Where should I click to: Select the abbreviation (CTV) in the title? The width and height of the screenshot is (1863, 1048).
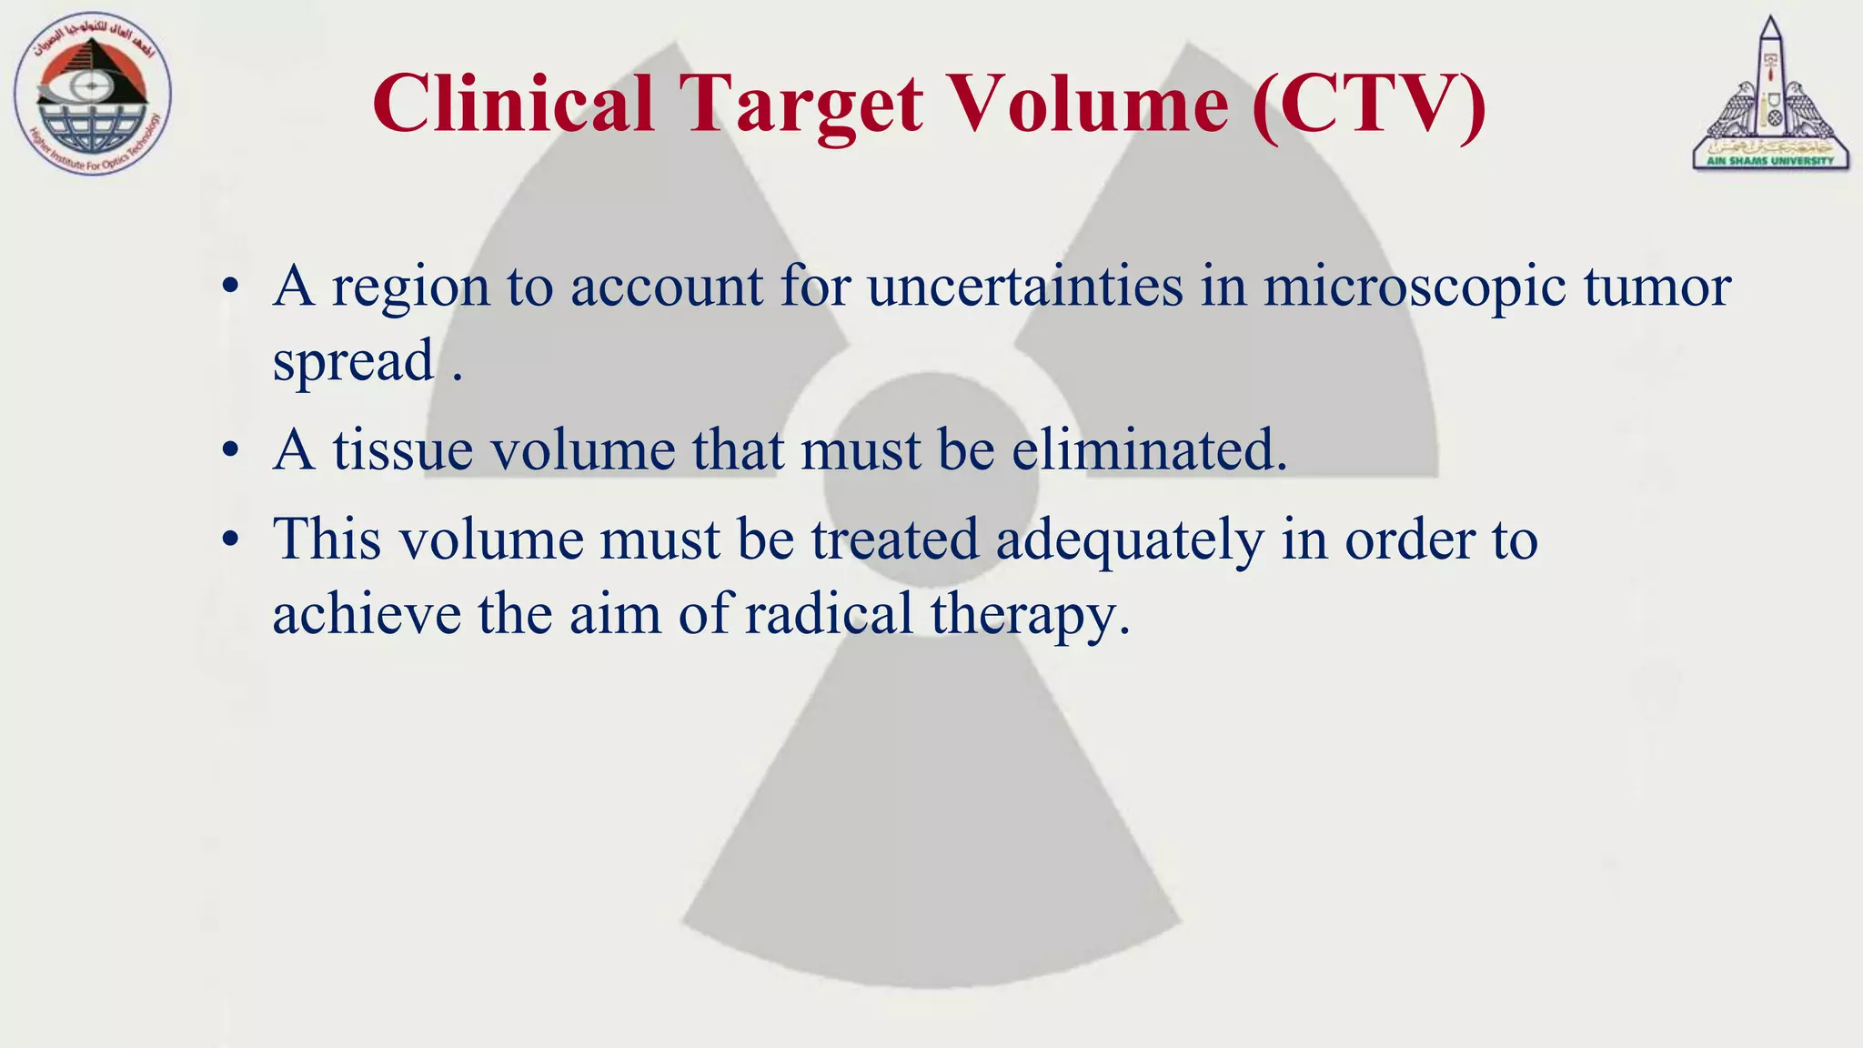click(x=1369, y=106)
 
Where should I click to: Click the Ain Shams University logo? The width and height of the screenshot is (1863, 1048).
click(x=1770, y=94)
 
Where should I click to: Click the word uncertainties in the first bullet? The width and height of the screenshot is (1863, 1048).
click(x=1025, y=287)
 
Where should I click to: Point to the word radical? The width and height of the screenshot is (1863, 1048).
click(x=829, y=613)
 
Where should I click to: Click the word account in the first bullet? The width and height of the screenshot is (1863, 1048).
click(x=666, y=287)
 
